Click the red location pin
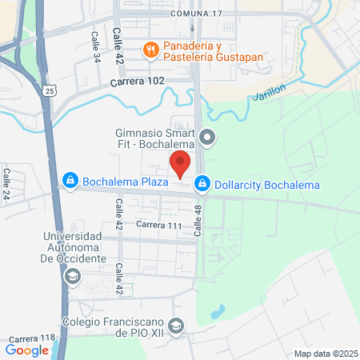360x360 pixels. (181, 166)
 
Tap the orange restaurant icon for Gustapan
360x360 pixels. (150, 50)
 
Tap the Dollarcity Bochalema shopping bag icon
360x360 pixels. (203, 184)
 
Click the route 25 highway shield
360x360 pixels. (50, 91)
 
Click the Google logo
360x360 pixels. (27, 350)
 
